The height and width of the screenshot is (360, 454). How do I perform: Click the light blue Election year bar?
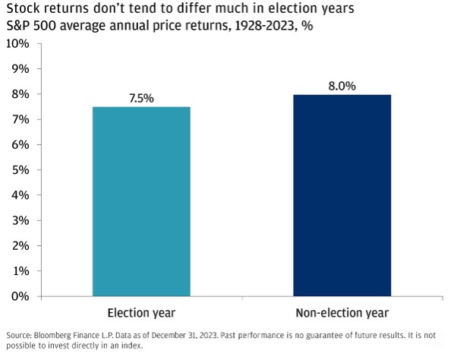coord(141,201)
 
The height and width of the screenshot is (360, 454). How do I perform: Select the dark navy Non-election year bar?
coord(342,195)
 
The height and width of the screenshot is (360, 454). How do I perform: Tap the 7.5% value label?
coord(141,99)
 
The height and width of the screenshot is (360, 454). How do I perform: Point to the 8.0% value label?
coord(342,86)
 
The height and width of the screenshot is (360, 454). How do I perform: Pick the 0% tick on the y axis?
coord(20,296)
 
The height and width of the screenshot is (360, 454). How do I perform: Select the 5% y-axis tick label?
coord(20,170)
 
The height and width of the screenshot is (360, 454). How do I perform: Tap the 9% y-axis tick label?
coord(20,69)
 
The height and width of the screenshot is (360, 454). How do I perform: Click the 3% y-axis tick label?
coord(20,221)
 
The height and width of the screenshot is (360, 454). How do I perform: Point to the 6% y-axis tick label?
coord(20,145)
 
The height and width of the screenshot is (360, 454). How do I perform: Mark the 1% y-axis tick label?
coord(20,271)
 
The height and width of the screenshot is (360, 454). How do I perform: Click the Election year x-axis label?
coord(141,314)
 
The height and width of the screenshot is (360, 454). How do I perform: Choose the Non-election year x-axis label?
coord(342,314)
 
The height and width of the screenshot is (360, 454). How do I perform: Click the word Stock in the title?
coord(23,8)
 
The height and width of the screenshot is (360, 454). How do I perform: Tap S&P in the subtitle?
coord(18,26)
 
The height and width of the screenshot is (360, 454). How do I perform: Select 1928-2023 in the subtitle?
coord(264,26)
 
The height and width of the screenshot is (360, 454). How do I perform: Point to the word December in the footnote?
coord(167,336)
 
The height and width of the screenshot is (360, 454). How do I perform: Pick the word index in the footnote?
coord(134,346)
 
